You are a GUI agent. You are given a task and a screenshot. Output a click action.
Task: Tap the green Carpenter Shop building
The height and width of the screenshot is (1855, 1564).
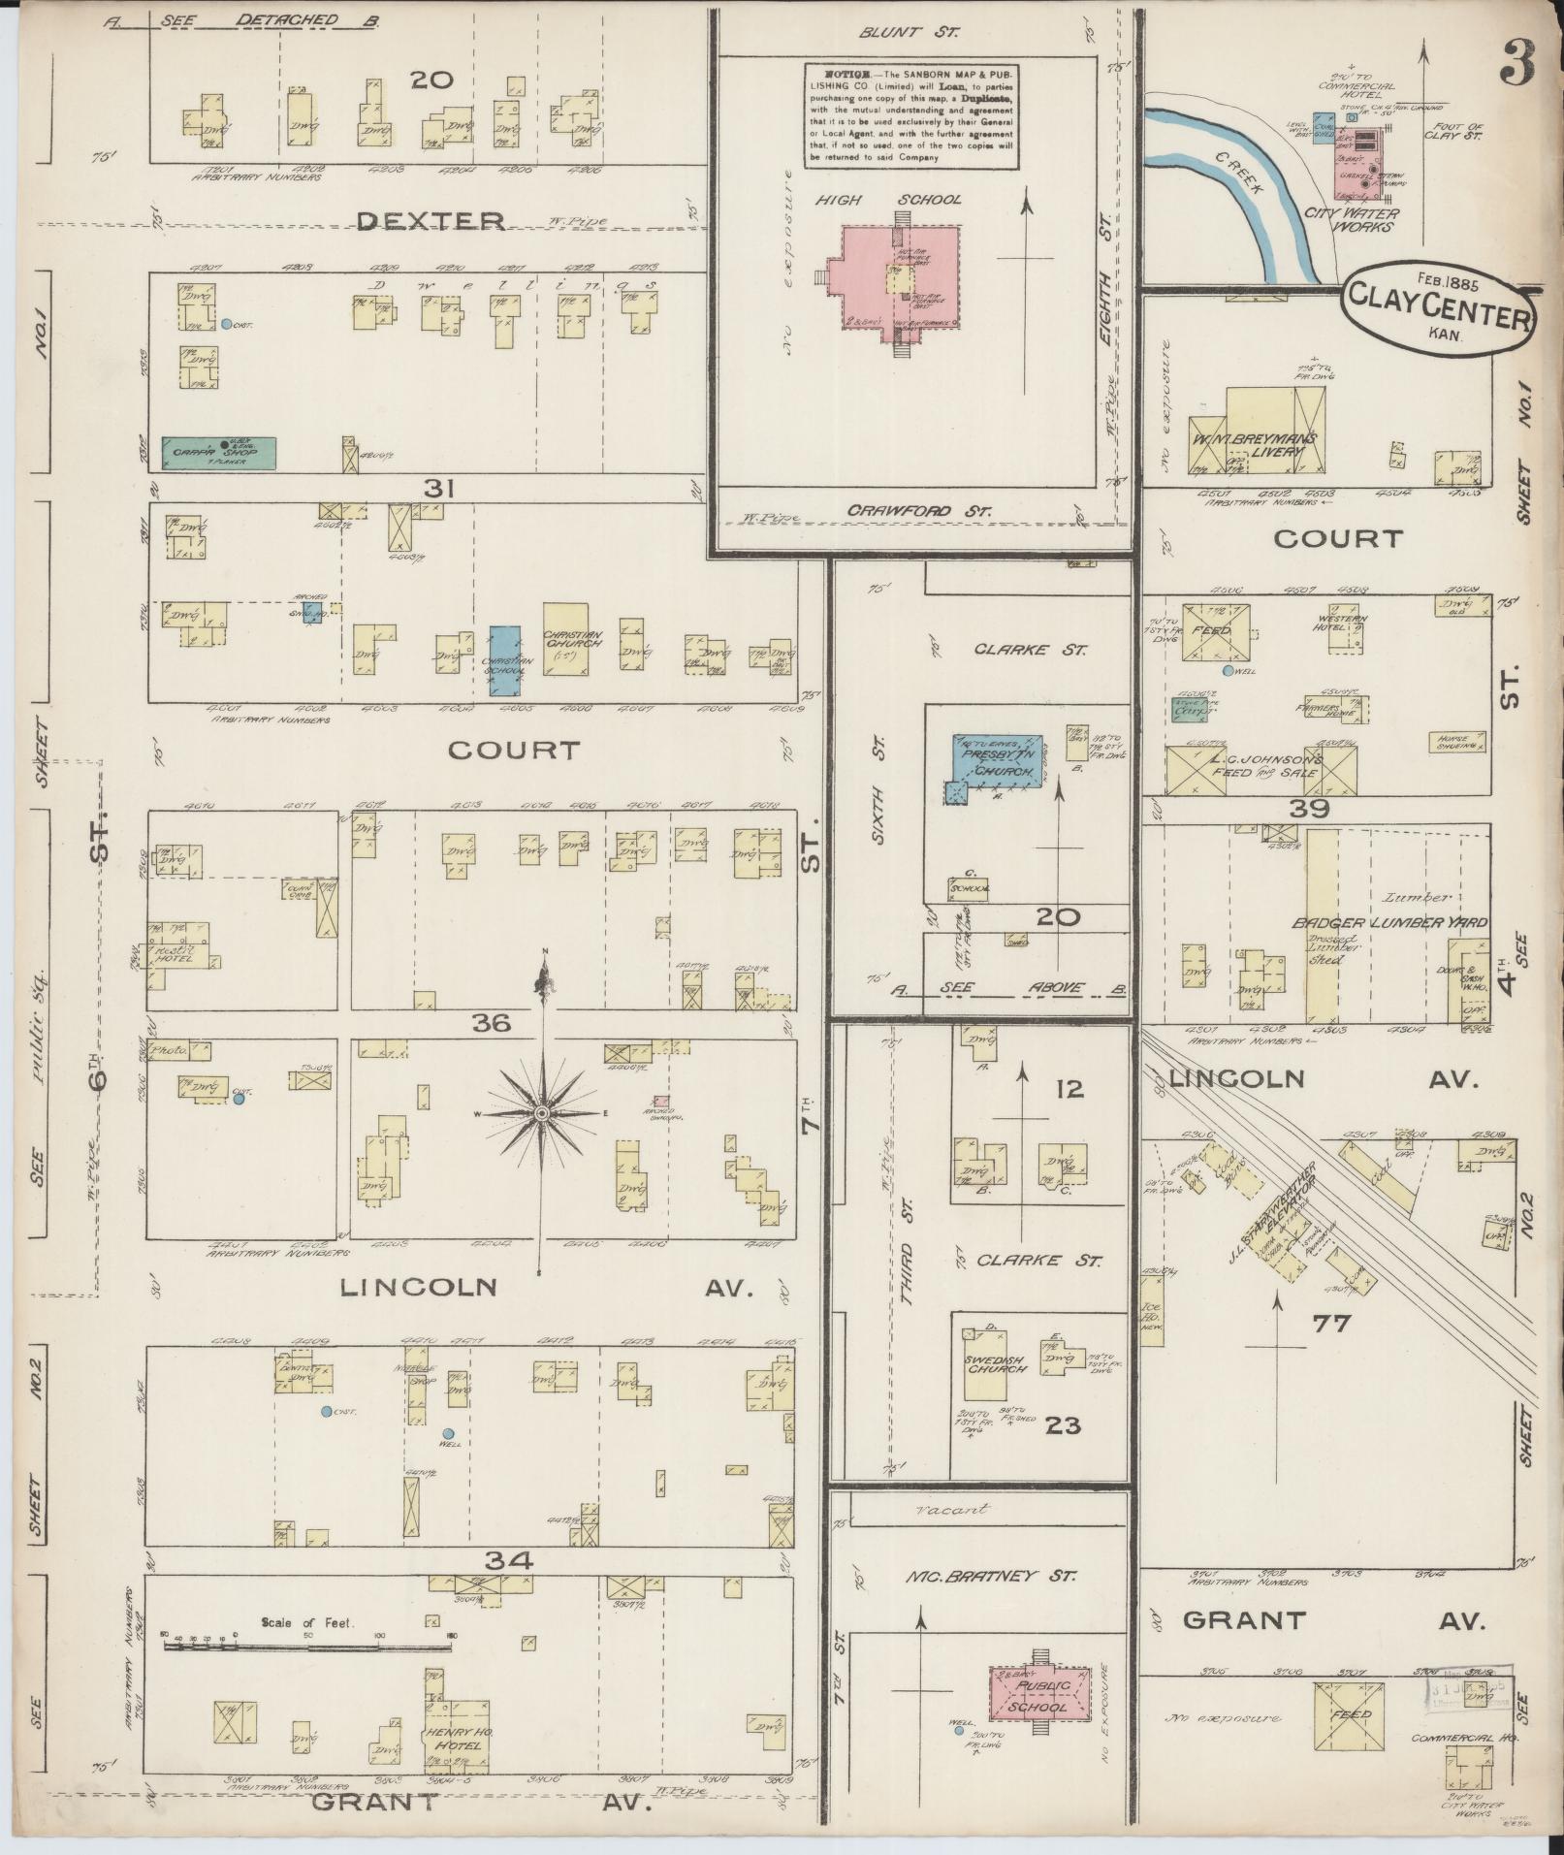(218, 452)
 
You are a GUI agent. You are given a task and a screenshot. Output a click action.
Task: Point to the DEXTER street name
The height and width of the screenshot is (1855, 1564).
(431, 222)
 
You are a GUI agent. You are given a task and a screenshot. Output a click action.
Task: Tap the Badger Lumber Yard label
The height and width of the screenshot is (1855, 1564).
(1388, 922)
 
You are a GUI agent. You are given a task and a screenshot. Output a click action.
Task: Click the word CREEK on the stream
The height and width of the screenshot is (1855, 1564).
(1243, 175)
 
